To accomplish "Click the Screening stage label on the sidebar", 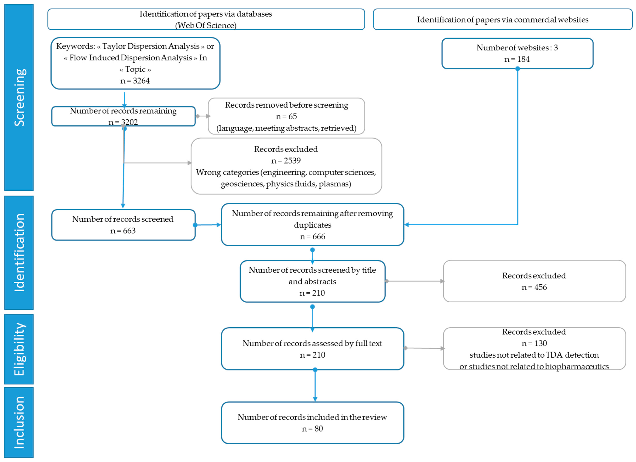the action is point(20,97).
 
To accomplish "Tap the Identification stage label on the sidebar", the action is point(20,253).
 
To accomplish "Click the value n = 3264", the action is point(135,81).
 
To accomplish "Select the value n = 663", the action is point(123,231).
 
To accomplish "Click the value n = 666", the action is point(312,236).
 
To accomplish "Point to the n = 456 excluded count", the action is point(534,287).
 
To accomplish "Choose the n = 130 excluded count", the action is point(534,343).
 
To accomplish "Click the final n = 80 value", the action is point(312,429).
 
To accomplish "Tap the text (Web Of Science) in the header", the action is point(206,25).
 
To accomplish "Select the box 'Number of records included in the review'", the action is point(312,423).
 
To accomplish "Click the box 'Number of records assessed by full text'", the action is point(312,349).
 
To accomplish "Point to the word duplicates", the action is point(312,225).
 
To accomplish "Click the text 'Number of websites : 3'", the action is point(517,48).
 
